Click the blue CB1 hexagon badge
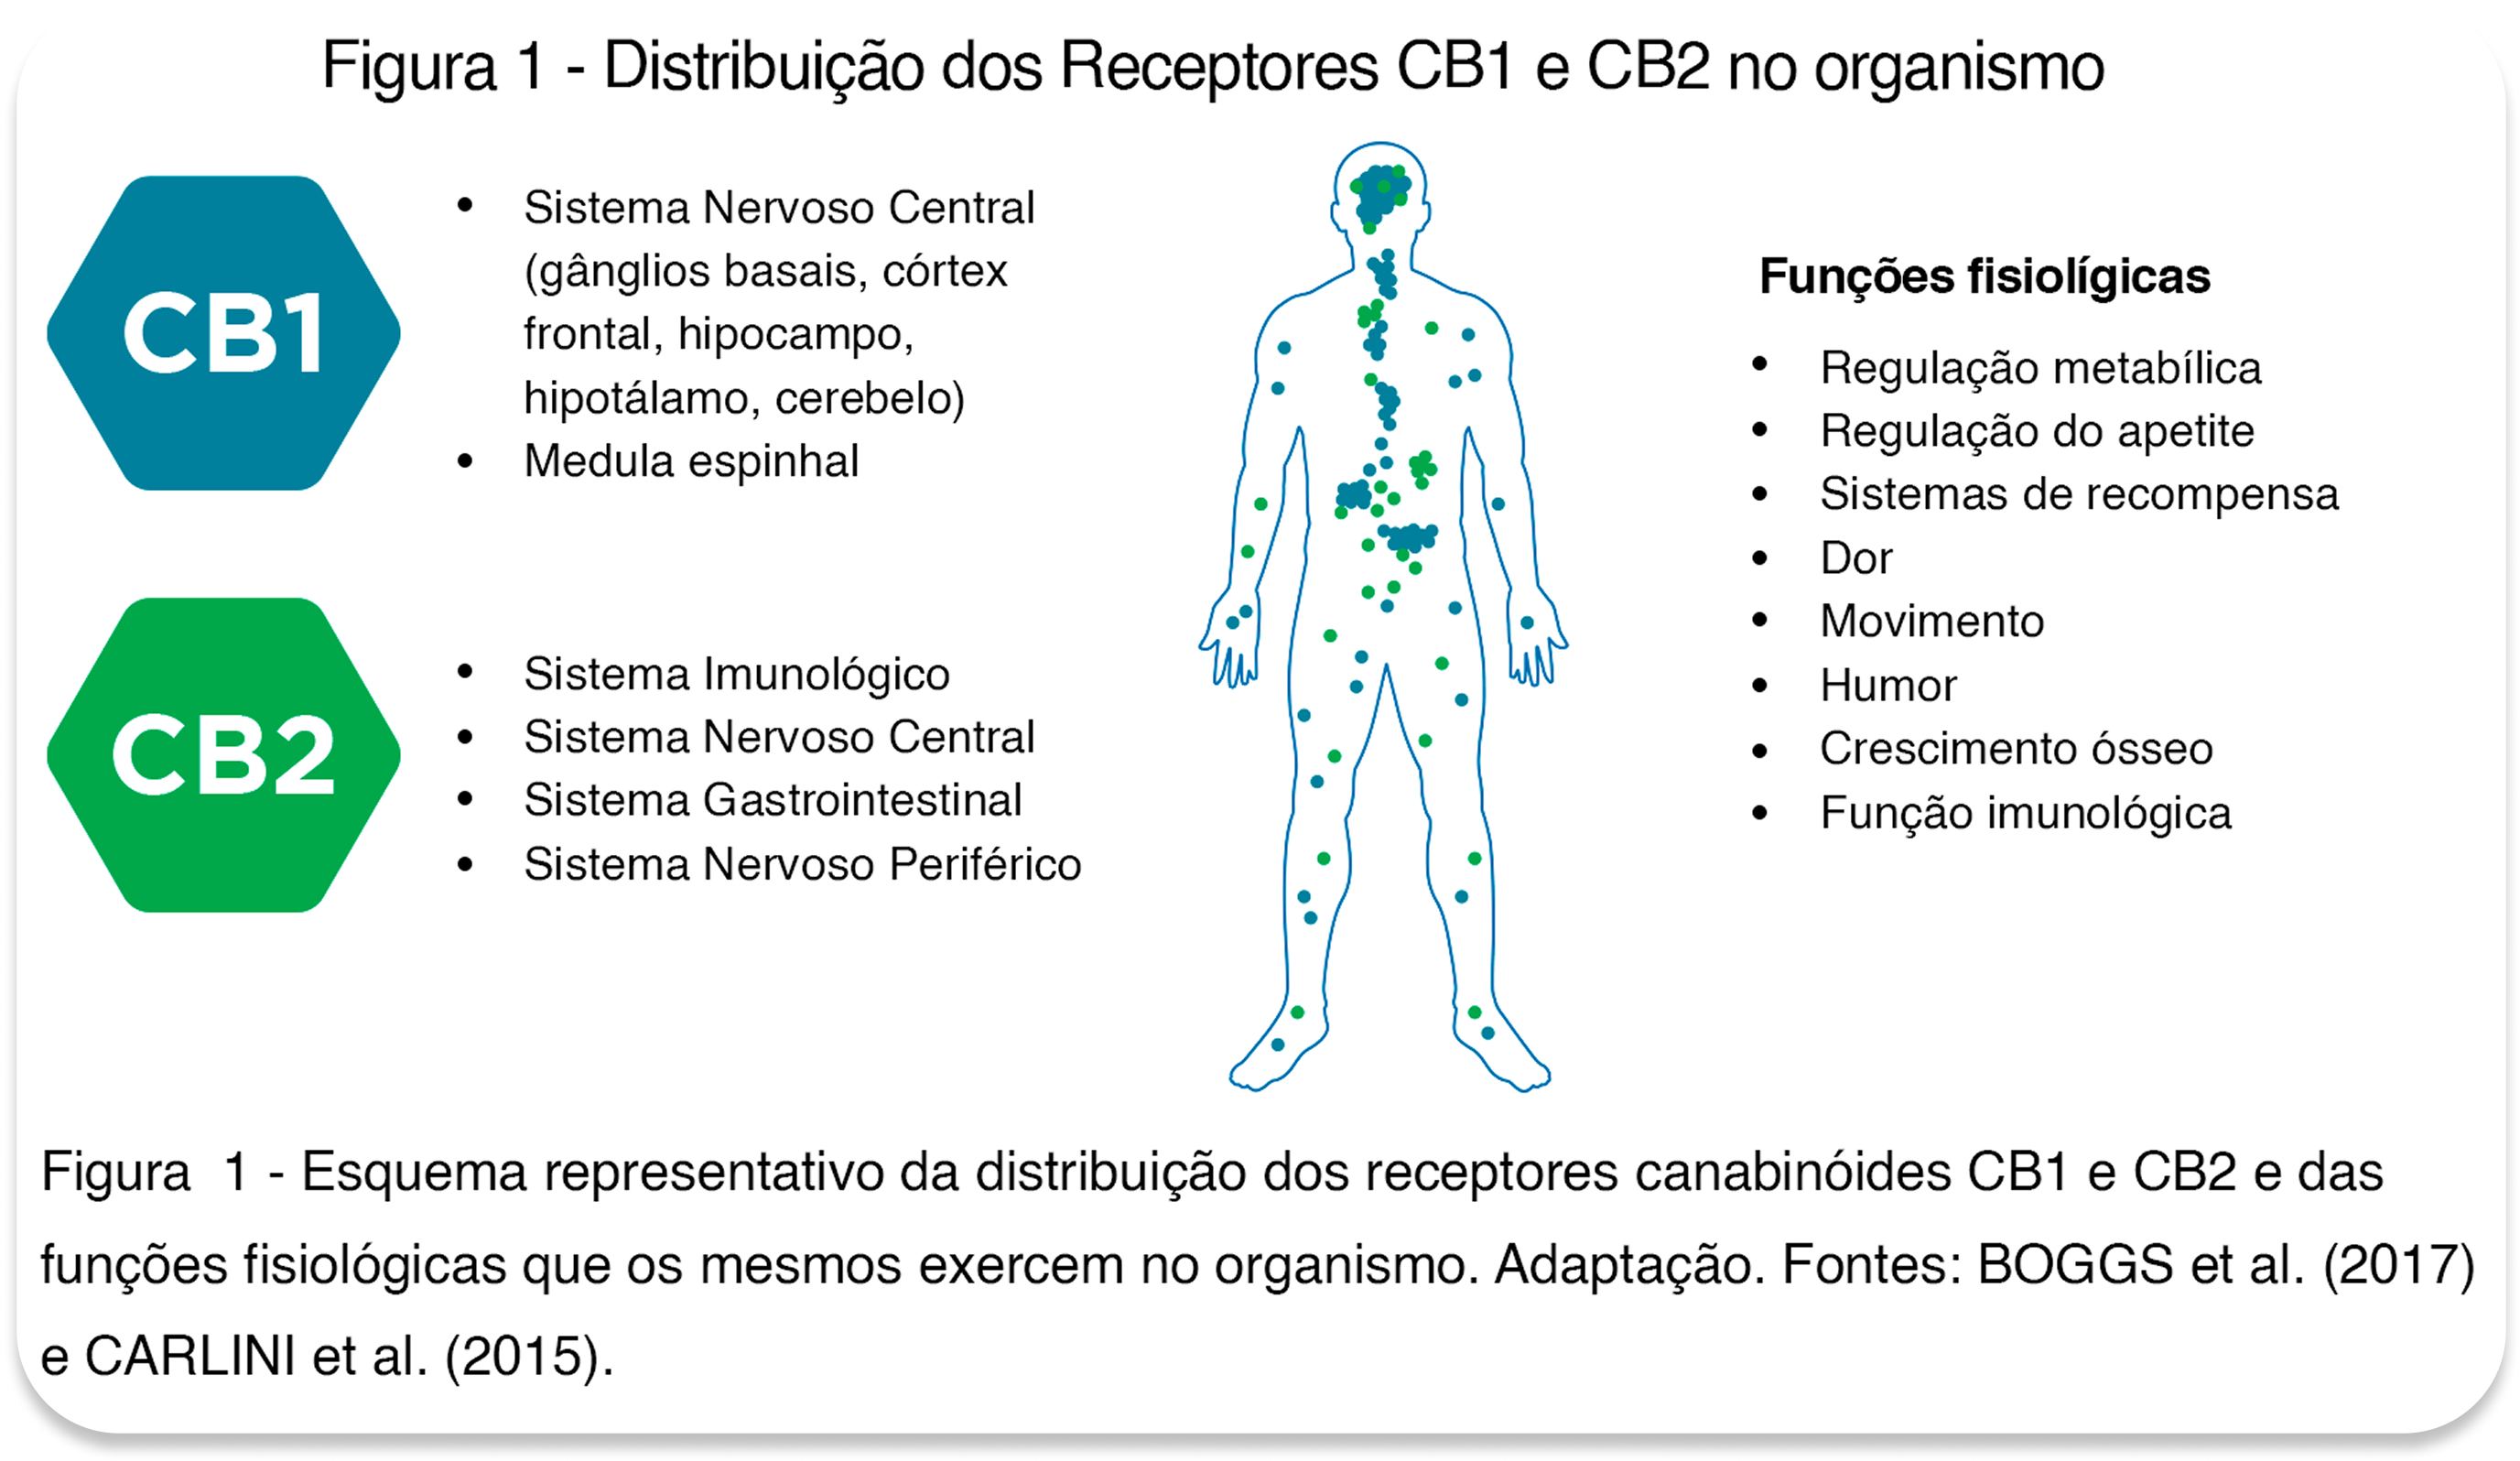click(224, 333)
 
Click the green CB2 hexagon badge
click(224, 755)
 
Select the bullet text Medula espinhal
click(691, 462)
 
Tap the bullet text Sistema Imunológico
click(736, 674)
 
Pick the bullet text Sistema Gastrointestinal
click(772, 801)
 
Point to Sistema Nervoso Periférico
click(802, 865)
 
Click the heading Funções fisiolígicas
click(1984, 277)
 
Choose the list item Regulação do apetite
click(2036, 432)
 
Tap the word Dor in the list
click(1856, 559)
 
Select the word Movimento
click(1931, 622)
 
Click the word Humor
click(1887, 686)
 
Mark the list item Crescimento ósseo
click(2015, 749)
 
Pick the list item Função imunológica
click(2025, 813)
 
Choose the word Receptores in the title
click(1218, 68)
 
